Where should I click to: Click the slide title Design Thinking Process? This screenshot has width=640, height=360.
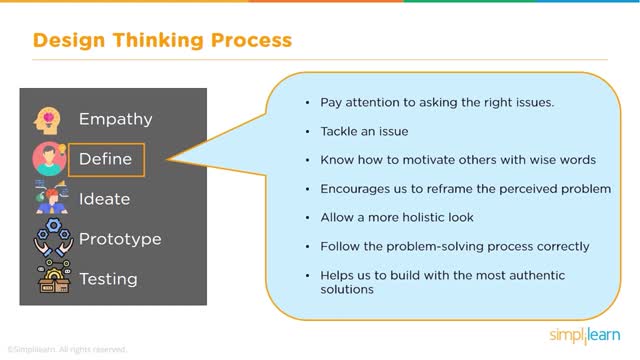click(x=162, y=41)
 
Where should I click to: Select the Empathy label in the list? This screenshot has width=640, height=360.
click(x=115, y=119)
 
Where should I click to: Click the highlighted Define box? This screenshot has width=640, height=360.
click(x=106, y=159)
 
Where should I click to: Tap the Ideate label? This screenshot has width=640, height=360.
click(x=104, y=199)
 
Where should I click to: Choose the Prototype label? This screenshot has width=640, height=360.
click(x=120, y=239)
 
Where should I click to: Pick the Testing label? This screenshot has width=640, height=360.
click(x=109, y=279)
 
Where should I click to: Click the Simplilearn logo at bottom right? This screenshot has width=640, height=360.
click(x=584, y=333)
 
